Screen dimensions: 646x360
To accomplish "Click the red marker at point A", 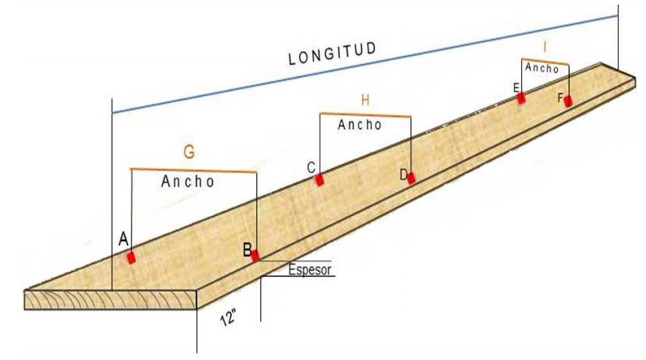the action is click(x=131, y=258).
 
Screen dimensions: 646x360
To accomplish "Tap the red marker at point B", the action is click(x=256, y=256).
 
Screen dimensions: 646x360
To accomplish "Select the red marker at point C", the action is click(x=320, y=180).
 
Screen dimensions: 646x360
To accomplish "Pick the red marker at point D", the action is click(x=411, y=178).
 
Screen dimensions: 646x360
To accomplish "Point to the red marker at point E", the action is click(x=521, y=98).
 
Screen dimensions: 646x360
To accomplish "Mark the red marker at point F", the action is click(x=568, y=101).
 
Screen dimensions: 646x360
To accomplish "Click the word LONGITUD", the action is click(x=332, y=53).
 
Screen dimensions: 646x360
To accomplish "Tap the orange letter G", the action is click(x=188, y=153).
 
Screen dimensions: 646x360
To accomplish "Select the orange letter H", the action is click(x=365, y=100).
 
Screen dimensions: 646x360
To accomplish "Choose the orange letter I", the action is click(x=545, y=48).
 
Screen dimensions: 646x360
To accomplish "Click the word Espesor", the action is click(x=310, y=270).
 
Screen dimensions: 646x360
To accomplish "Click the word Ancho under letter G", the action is click(x=188, y=182).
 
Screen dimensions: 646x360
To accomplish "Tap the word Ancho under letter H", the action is click(x=360, y=124).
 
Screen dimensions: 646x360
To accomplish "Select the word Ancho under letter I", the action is click(x=542, y=68).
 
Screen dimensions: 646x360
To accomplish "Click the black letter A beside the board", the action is click(x=124, y=239).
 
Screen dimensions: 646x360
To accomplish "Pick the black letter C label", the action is click(x=311, y=168).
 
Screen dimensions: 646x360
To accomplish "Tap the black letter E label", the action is click(x=516, y=88).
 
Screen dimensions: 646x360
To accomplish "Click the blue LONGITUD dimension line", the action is click(x=365, y=64).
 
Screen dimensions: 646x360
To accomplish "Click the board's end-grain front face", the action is click(x=111, y=300).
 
